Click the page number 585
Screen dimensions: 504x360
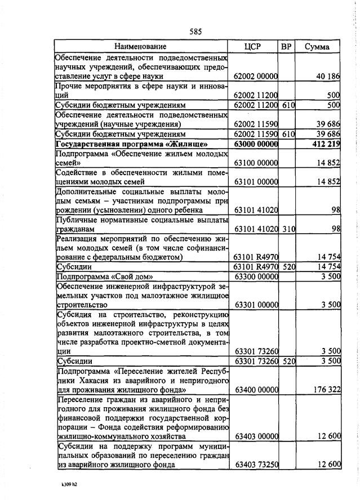click(x=195, y=32)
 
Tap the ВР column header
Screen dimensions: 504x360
click(x=286, y=46)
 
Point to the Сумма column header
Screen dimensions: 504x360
click(x=317, y=46)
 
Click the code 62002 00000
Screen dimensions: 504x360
click(x=256, y=76)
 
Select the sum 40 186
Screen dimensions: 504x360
click(x=328, y=76)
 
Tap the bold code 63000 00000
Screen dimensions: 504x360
click(x=256, y=144)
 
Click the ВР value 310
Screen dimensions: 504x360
click(x=288, y=229)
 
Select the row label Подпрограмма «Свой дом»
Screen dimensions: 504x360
click(x=105, y=277)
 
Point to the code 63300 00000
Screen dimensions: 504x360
click(x=256, y=277)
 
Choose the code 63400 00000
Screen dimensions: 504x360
click(x=256, y=389)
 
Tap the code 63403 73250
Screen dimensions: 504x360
click(x=256, y=464)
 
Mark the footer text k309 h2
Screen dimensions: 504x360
click(x=70, y=484)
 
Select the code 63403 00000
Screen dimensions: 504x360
click(x=256, y=436)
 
